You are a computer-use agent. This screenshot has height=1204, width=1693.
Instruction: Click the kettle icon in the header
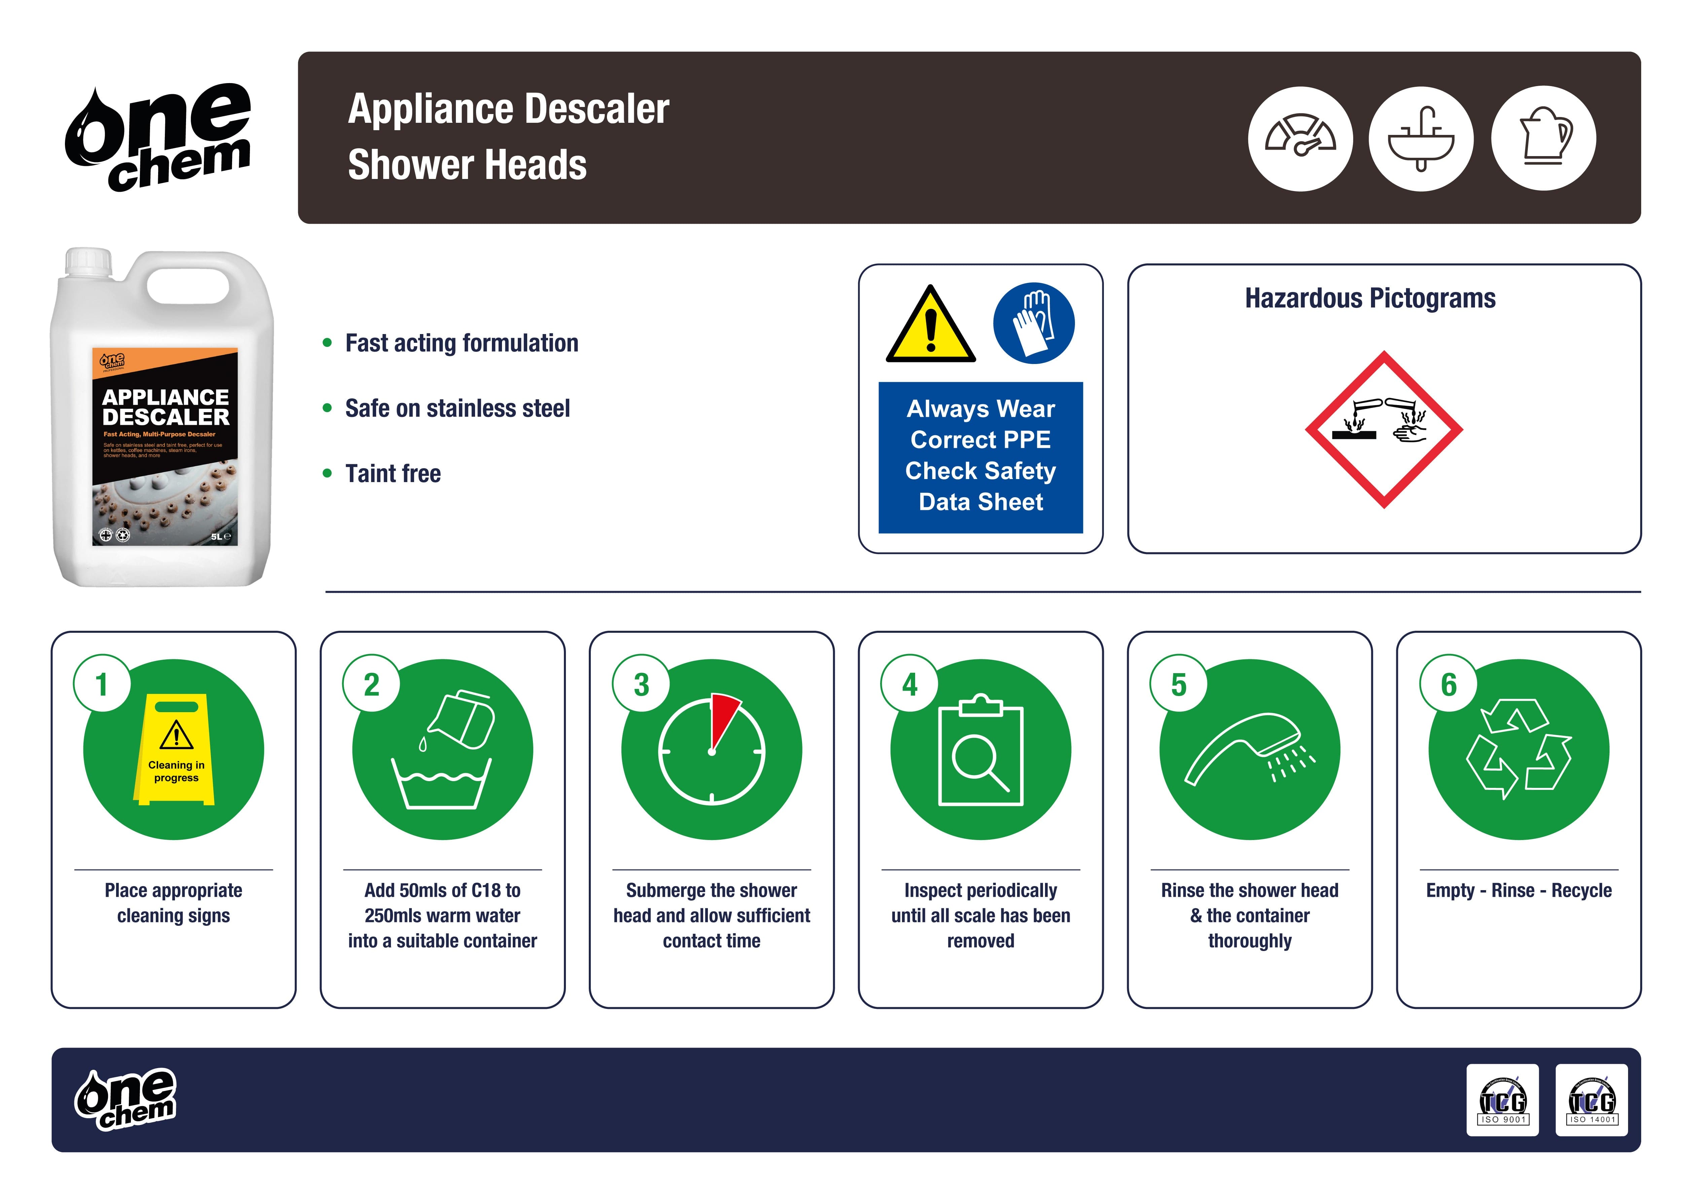tap(1543, 139)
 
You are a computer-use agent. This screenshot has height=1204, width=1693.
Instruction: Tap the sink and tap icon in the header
tap(1421, 139)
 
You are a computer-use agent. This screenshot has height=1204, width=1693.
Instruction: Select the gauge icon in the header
tap(1300, 139)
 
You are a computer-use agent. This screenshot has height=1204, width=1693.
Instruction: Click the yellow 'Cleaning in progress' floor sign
tap(175, 750)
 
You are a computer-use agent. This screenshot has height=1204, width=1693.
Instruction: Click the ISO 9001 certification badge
tap(1503, 1100)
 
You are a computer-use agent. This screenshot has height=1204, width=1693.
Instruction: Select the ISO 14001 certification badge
tap(1591, 1100)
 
